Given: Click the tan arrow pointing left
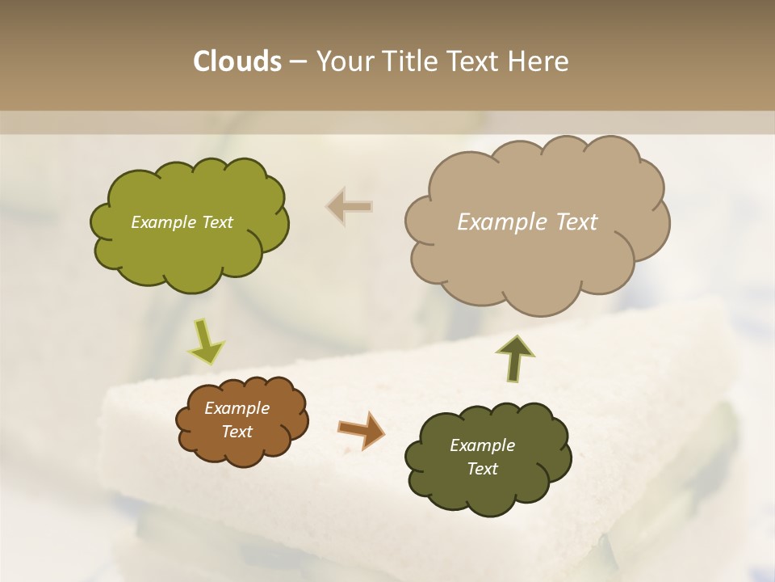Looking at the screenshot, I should tap(350, 207).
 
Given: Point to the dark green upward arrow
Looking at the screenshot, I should tap(516, 358).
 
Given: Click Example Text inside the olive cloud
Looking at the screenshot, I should tap(182, 222).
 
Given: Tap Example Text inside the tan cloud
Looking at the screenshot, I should tap(527, 222).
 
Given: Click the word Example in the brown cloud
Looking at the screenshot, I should tap(237, 408).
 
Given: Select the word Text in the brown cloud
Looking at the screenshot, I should tap(237, 432).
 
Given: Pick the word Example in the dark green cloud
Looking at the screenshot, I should tap(482, 445).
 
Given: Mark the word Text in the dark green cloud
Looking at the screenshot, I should tap(482, 469).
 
